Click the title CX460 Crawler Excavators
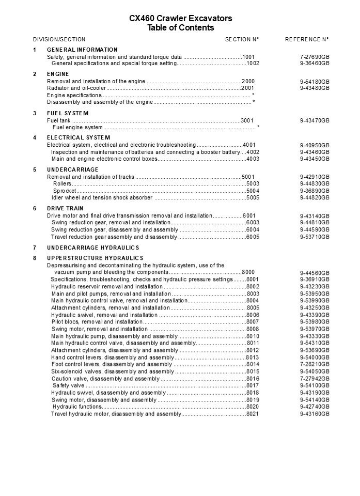click(x=180, y=19)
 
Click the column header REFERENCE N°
click(x=307, y=39)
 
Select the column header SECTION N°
click(x=242, y=39)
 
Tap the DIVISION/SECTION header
click(x=59, y=39)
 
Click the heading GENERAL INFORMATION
click(x=82, y=50)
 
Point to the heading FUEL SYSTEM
click(x=68, y=113)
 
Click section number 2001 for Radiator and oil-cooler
click(x=248, y=88)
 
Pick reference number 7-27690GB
click(x=315, y=57)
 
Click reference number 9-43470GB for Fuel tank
click(x=315, y=120)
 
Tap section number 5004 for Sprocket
click(x=253, y=191)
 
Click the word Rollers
click(x=62, y=184)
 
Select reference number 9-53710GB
click(x=315, y=237)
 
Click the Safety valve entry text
click(x=68, y=385)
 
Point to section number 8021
click(x=253, y=414)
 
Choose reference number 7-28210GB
click(x=315, y=364)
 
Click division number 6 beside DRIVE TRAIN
click(x=35, y=209)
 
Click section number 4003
click(x=253, y=159)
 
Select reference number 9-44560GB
click(x=315, y=273)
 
